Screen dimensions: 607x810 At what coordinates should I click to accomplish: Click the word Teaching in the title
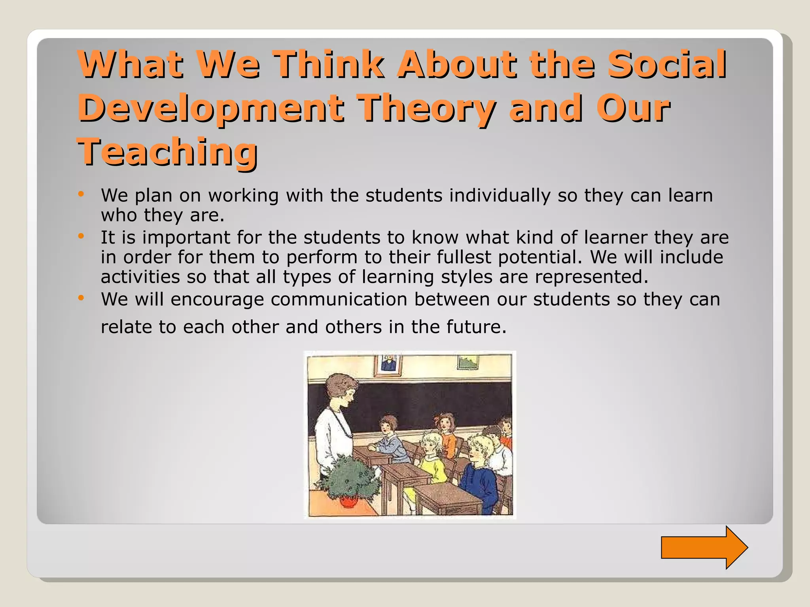(167, 152)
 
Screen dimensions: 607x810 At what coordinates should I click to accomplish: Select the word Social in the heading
(667, 64)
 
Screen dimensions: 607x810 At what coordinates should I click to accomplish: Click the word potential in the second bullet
(540, 257)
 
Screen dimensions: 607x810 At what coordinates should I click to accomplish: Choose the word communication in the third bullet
(339, 299)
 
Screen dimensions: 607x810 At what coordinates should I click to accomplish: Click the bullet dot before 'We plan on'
(81, 194)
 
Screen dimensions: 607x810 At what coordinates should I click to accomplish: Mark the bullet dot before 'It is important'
(81, 236)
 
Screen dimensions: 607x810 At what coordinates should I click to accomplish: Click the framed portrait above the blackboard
(388, 364)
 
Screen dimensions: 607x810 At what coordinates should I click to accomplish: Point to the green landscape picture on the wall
(468, 362)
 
